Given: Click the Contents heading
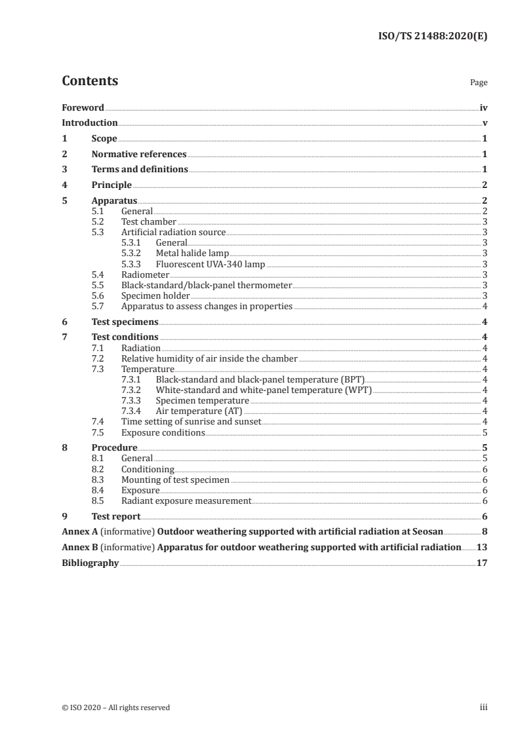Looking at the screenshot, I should pyautogui.click(x=90, y=81).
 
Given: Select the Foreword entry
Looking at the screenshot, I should pyautogui.click(x=83, y=107).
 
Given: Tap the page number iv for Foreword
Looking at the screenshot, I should pyautogui.click(x=483, y=107).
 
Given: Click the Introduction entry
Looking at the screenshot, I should pyautogui.click(x=90, y=123).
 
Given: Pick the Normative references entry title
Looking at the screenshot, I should pyautogui.click(x=139, y=155).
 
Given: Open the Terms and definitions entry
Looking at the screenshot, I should pyautogui.click(x=140, y=170).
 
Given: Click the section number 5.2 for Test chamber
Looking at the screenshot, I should pyautogui.click(x=97, y=222).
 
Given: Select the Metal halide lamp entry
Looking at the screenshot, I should pyautogui.click(x=192, y=253).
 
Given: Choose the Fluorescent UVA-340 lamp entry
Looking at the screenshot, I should pyautogui.click(x=210, y=263).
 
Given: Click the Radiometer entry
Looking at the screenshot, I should pyautogui.click(x=145, y=274).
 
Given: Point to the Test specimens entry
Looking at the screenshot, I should pyautogui.click(x=125, y=322).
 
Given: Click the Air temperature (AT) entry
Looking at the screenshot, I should pyautogui.click(x=199, y=411).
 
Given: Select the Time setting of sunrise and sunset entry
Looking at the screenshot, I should pyautogui.click(x=191, y=421).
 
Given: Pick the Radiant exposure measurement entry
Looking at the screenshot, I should pyautogui.click(x=186, y=500).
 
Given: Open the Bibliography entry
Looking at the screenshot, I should pyautogui.click(x=90, y=563).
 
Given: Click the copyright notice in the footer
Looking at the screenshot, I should pyautogui.click(x=115, y=707).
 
